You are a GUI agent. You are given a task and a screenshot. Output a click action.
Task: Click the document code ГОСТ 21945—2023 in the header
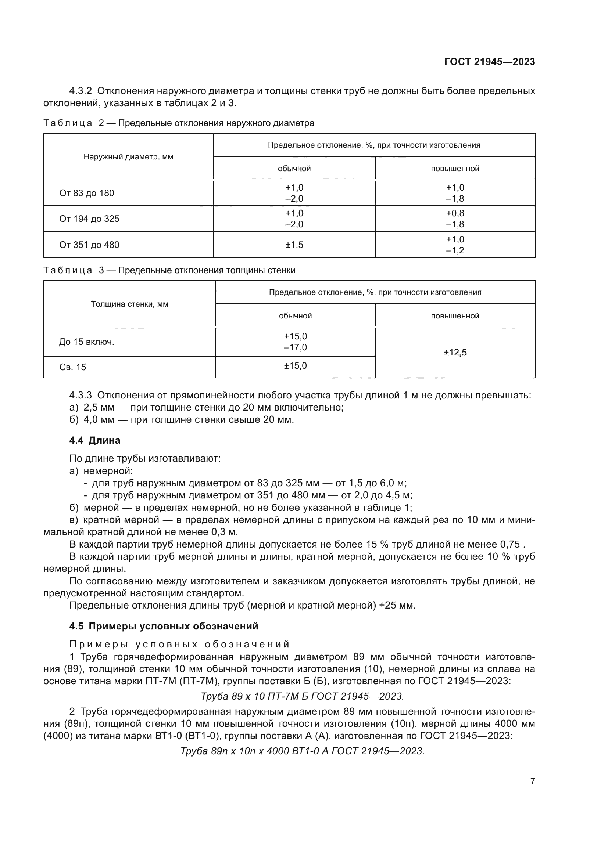click(489, 62)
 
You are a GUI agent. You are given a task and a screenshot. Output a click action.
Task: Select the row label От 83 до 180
click(86, 193)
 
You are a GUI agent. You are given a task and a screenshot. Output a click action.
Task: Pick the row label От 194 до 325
click(89, 219)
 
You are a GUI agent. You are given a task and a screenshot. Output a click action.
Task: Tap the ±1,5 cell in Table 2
click(294, 245)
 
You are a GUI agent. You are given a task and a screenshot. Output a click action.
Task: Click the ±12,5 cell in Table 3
click(455, 353)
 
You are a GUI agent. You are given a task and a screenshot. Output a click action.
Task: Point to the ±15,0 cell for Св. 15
click(295, 365)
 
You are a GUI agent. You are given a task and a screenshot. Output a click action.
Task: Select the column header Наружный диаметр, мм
click(128, 157)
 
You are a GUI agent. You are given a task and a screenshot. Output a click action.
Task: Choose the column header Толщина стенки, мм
click(129, 304)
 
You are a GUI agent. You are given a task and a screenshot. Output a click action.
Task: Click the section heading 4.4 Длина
click(95, 440)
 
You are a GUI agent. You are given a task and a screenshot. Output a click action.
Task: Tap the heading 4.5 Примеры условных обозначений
click(164, 626)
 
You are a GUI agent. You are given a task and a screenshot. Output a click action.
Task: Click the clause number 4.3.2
click(81, 91)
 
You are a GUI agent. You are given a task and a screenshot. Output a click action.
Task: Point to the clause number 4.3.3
click(81, 395)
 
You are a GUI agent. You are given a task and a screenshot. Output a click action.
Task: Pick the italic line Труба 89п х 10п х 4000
click(302, 751)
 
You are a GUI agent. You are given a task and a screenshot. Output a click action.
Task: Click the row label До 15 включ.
click(86, 342)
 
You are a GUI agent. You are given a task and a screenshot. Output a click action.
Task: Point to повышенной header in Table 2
click(455, 168)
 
